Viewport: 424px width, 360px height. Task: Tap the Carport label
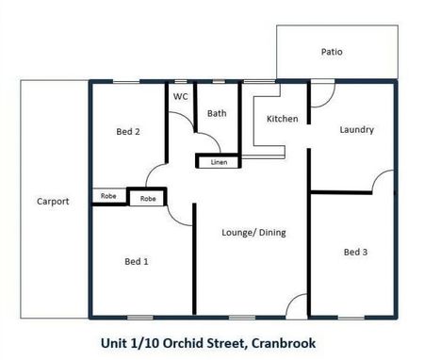(53, 201)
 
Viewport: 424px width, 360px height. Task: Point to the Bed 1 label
(137, 260)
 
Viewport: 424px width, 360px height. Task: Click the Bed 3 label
(355, 252)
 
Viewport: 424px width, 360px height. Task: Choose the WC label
(179, 96)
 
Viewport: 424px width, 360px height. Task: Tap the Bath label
(217, 114)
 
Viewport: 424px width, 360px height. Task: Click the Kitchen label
(283, 119)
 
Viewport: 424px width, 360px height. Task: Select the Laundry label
(357, 130)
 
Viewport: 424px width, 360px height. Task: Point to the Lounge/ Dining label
(253, 232)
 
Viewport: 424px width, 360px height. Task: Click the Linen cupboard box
(219, 162)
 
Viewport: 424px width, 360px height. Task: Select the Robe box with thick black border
(148, 198)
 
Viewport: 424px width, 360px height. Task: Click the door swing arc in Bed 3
(382, 181)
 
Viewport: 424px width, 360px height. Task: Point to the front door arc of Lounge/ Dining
(297, 303)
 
